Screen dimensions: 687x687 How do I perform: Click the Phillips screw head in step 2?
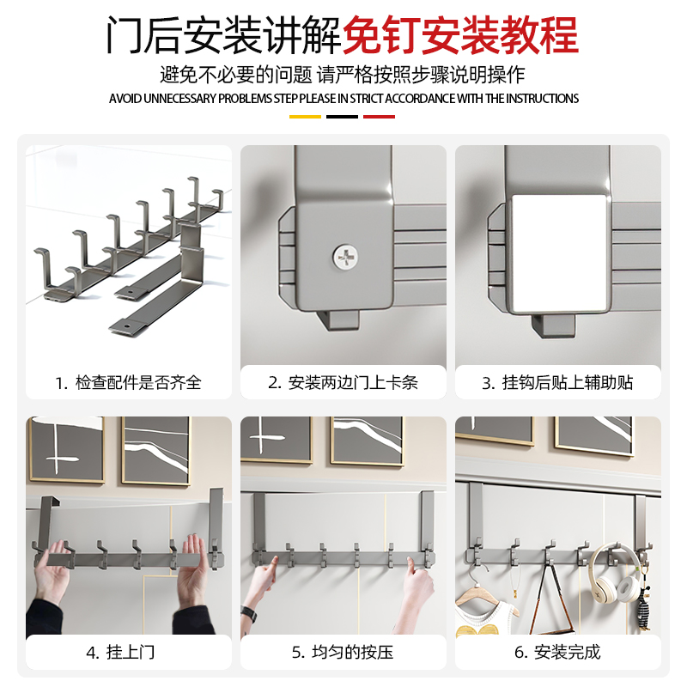coord(345,256)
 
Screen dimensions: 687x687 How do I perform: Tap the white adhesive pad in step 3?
coord(557,253)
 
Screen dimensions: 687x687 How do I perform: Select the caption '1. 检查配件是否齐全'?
coord(128,383)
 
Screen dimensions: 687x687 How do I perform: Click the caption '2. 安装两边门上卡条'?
coord(343,383)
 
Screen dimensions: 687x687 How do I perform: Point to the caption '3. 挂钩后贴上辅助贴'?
coord(557,383)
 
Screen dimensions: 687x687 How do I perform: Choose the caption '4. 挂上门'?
coord(120,653)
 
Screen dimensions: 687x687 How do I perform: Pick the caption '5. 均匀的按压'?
coord(343,653)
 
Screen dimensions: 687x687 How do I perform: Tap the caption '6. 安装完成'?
coord(557,653)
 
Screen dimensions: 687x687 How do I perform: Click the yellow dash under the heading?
coord(305,117)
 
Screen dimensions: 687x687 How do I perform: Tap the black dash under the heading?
coord(342,117)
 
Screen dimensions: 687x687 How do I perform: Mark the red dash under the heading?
coord(379,117)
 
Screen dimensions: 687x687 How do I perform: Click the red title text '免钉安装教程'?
coord(460,35)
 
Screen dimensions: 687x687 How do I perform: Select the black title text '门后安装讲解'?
coord(224,35)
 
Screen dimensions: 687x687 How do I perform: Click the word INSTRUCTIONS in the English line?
coord(543,99)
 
